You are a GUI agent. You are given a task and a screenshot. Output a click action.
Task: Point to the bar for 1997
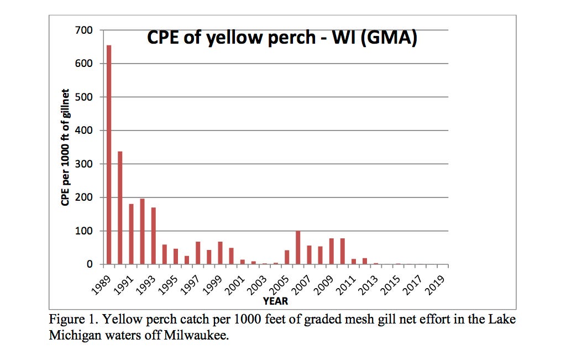coord(198,253)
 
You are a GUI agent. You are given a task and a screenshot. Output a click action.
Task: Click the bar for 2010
coord(342,252)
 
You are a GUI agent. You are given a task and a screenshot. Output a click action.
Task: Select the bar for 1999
coord(220,253)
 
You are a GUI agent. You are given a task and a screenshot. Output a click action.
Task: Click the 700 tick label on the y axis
coord(84,30)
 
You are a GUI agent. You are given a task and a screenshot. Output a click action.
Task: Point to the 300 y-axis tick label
coord(84,164)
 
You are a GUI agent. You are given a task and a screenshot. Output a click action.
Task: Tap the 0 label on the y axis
coord(89,264)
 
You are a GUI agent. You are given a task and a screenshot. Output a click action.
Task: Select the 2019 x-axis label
coord(438,282)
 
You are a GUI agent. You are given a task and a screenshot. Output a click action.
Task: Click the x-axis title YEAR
coord(275,301)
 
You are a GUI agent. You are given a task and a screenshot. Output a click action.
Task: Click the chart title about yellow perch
coord(281,38)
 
